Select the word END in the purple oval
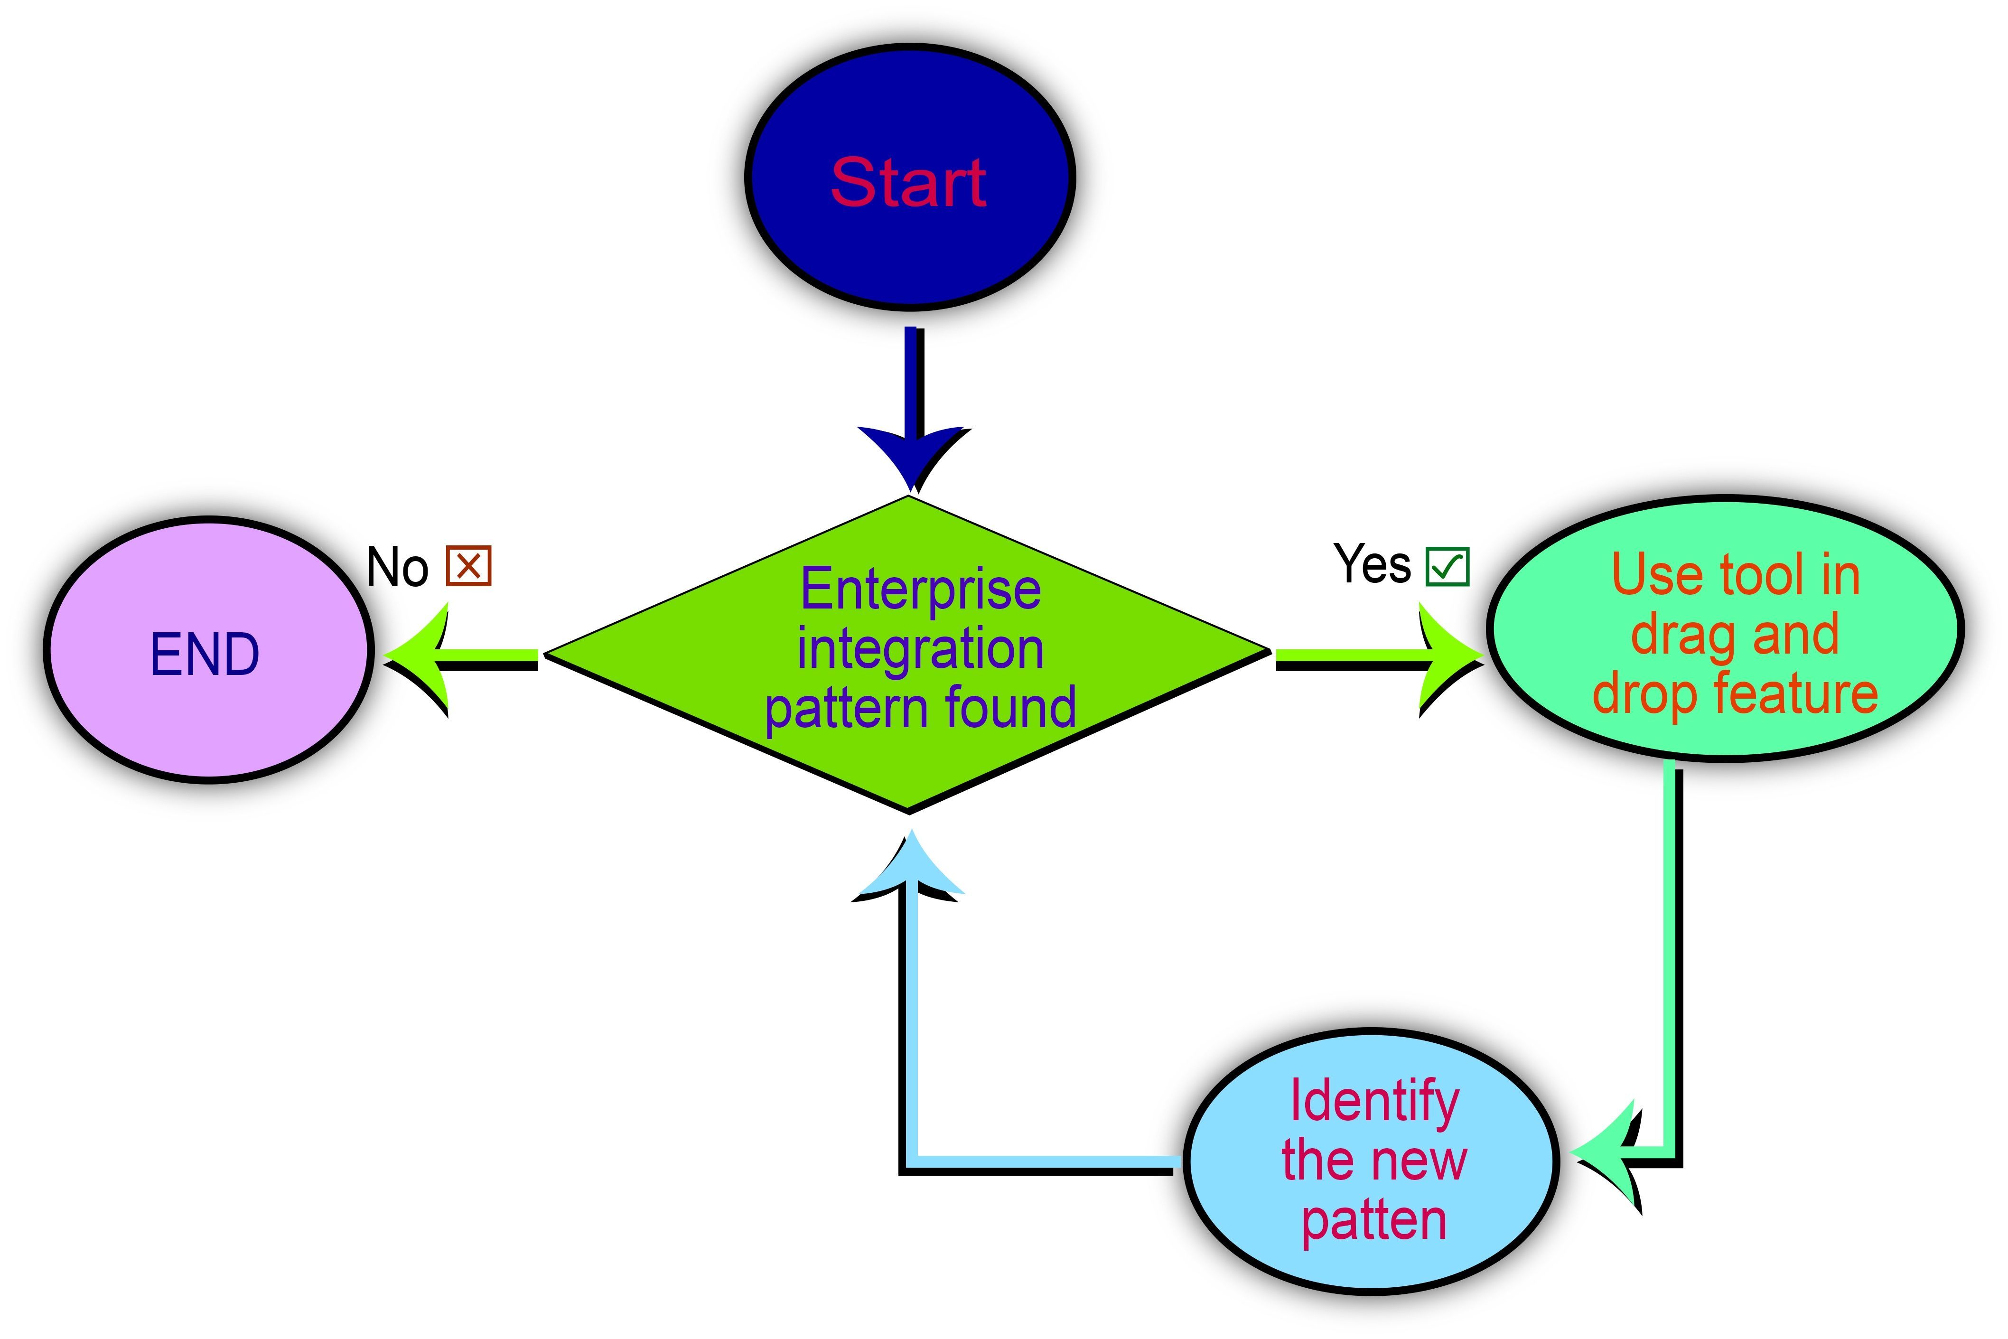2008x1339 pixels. pos(205,655)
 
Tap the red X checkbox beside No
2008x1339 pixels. pos(469,565)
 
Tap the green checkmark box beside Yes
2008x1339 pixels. pos(1447,566)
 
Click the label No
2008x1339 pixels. pos(397,567)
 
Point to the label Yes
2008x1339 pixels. pos(1372,564)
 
